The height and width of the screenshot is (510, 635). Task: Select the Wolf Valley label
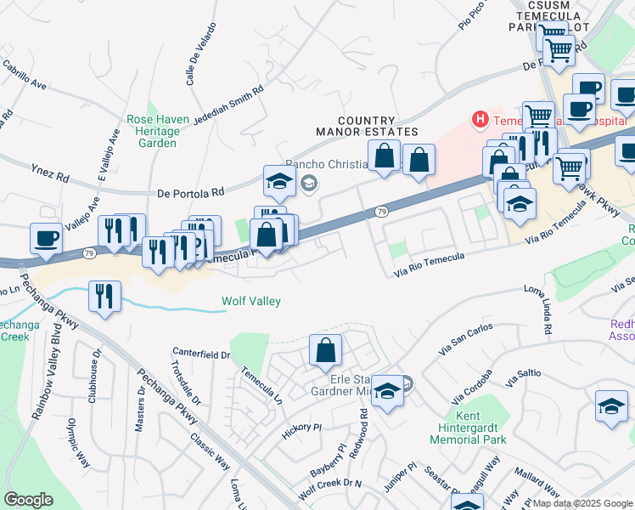[251, 301]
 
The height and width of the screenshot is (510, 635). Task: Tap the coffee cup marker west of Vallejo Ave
[46, 238]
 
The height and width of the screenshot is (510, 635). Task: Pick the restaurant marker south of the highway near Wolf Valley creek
[104, 297]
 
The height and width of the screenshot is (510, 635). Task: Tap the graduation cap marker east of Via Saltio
[611, 406]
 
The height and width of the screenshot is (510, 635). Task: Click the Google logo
[28, 499]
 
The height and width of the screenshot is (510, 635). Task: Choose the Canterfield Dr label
[201, 352]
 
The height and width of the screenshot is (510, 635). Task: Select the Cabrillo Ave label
[24, 75]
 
